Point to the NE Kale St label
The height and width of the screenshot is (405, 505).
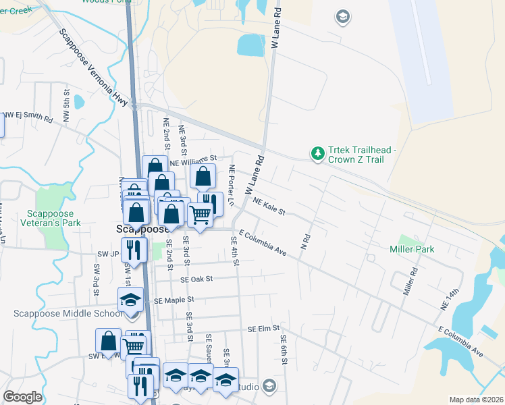tap(269, 206)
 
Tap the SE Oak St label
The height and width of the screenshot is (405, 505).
tap(196, 279)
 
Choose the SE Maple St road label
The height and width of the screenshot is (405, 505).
tap(174, 299)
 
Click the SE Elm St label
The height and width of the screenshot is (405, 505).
tap(263, 329)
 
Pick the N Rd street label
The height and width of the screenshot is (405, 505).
tap(305, 240)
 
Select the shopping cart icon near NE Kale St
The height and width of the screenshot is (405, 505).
tap(200, 215)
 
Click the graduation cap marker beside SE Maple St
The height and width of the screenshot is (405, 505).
tap(130, 300)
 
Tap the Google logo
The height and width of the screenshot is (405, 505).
tap(22, 397)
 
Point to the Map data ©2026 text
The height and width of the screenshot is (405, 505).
tap(476, 400)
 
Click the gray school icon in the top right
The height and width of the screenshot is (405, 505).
tap(342, 16)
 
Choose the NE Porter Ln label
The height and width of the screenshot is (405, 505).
tap(231, 186)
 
